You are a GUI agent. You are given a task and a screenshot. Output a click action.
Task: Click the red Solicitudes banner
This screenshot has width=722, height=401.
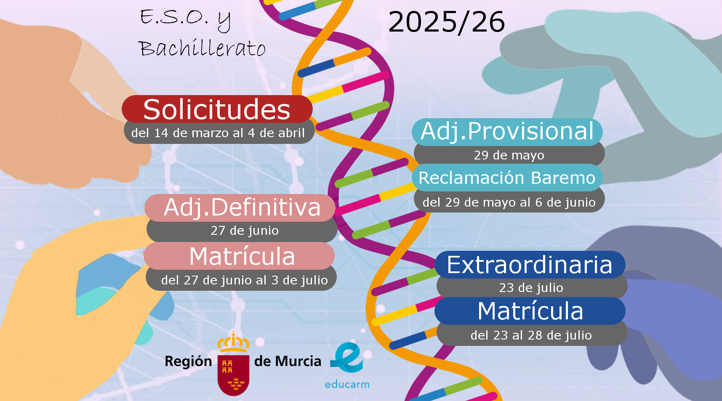(217, 109)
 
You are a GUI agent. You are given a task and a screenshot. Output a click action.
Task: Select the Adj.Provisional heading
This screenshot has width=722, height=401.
(507, 132)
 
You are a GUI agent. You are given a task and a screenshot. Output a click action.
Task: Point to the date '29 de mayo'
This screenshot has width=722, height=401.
(509, 155)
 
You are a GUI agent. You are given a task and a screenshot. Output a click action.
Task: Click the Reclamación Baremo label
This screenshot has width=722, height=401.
(507, 178)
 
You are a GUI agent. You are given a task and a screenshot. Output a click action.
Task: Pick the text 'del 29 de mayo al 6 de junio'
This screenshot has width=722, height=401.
(509, 202)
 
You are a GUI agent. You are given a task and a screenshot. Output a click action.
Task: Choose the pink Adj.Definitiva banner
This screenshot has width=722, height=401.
(240, 207)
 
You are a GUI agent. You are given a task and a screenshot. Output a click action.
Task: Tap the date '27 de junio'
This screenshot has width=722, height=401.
(245, 231)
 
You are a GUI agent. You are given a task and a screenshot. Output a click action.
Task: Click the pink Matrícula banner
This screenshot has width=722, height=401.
(239, 256)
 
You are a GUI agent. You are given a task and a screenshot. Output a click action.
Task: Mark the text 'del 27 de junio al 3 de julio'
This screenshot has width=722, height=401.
(244, 280)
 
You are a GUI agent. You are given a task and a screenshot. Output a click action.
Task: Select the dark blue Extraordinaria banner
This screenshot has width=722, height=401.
(530, 265)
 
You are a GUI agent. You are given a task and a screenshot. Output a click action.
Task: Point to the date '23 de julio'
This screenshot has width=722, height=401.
(531, 288)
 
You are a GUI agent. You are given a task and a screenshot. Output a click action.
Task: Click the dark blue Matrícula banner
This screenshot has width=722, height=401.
(530, 311)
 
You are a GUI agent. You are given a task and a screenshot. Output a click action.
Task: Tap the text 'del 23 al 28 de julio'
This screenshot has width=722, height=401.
(531, 335)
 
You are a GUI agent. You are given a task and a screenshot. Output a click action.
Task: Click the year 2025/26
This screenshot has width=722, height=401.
(446, 22)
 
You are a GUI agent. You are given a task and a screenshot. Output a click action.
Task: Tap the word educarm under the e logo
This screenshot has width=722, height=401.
(347, 384)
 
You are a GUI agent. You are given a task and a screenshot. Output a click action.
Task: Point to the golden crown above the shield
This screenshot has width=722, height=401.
(233, 343)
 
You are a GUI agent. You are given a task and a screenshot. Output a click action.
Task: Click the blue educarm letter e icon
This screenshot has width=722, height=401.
(346, 358)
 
